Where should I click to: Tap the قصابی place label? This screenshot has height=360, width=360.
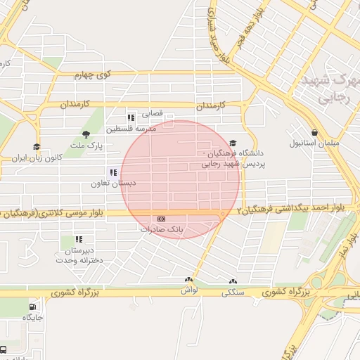point(153,112)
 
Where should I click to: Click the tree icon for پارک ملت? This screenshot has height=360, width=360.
point(86,134)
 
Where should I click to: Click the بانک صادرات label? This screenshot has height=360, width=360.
point(161,229)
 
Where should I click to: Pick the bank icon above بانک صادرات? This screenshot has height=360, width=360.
point(161,219)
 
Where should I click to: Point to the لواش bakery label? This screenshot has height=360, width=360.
point(188,290)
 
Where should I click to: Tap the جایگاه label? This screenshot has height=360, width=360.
point(33,318)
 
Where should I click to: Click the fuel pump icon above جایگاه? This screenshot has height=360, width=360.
point(33,307)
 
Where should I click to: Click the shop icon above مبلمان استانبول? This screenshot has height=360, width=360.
point(314,132)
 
